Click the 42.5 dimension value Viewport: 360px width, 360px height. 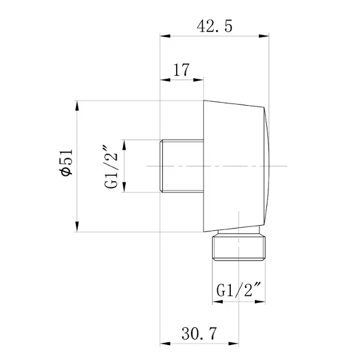click(214, 26)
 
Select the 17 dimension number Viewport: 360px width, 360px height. click(181, 70)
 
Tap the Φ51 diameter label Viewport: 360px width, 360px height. click(67, 162)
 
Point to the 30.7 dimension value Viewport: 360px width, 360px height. click(199, 333)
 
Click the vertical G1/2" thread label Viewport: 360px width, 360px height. click(111, 166)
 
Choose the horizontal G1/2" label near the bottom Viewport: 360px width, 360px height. click(239, 290)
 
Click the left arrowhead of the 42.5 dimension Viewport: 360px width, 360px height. click(165, 36)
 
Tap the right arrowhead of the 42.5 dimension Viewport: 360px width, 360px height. click(263, 36)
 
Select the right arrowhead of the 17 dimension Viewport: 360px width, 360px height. click(198, 80)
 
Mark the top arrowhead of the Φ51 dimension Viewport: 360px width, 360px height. click(77, 106)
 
